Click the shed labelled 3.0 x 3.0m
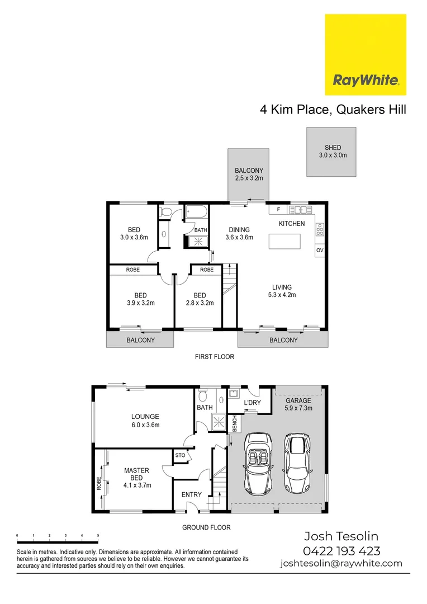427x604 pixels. point(331,152)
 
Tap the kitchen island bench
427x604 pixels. point(284,241)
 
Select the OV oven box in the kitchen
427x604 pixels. point(320,251)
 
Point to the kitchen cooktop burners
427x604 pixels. point(320,229)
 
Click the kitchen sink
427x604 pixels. point(301,210)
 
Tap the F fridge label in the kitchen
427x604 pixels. point(278,209)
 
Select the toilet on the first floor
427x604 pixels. point(165,212)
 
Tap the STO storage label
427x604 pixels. point(180,456)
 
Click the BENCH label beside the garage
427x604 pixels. point(234,423)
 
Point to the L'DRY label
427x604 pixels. point(253,403)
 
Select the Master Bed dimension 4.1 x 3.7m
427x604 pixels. point(137,485)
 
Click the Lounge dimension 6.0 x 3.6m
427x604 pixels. point(145,424)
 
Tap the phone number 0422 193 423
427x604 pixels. point(341,550)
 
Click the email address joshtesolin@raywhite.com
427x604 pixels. point(341,563)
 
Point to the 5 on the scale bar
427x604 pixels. point(98,536)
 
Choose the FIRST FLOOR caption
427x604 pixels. point(214,356)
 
